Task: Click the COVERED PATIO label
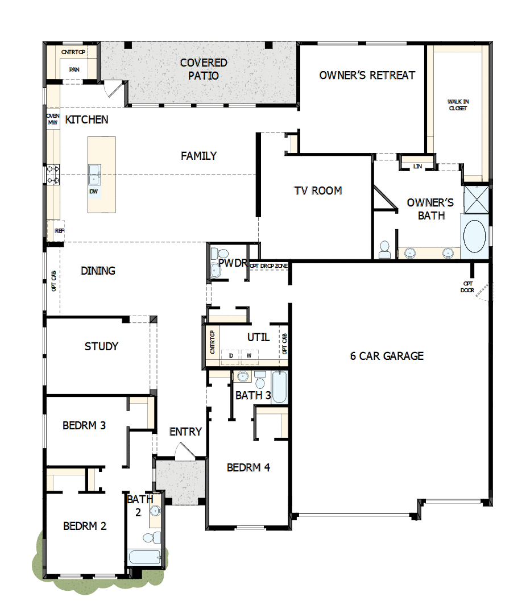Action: (x=204, y=69)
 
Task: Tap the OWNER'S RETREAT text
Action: (x=367, y=75)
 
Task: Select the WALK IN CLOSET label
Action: (x=458, y=105)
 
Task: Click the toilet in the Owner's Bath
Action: (x=384, y=248)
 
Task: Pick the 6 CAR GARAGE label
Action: (x=387, y=357)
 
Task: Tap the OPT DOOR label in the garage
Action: (x=467, y=287)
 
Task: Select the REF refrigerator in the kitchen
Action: (x=59, y=231)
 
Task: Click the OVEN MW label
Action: (x=52, y=119)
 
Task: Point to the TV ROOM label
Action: (x=318, y=191)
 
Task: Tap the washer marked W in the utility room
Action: (x=248, y=356)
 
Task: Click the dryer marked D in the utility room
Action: (x=231, y=356)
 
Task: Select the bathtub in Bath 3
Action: (x=279, y=387)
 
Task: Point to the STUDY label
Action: (x=101, y=346)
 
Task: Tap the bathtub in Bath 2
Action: (x=144, y=556)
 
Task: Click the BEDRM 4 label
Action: (x=248, y=467)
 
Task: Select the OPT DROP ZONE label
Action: (x=268, y=266)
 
